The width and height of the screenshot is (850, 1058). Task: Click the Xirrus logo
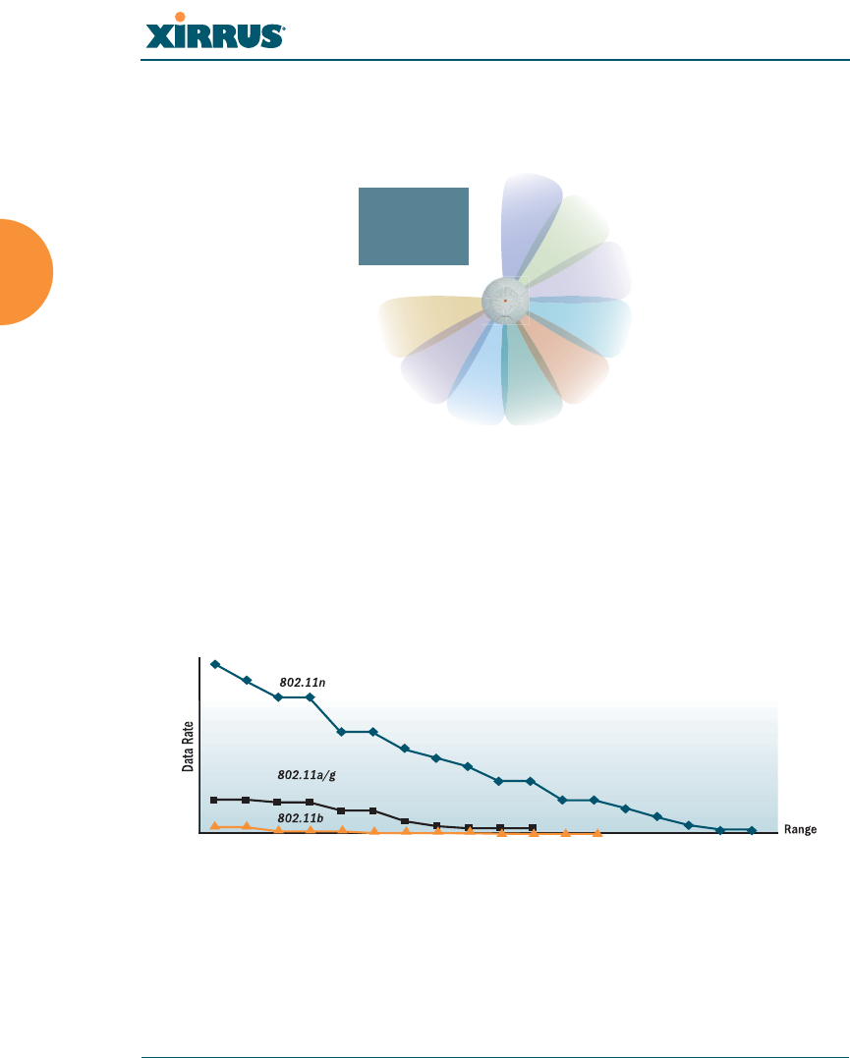click(x=215, y=31)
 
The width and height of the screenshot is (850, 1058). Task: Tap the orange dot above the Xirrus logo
click(x=180, y=17)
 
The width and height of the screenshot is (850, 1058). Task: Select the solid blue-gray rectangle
click(x=413, y=226)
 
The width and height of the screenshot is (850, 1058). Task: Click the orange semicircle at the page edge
click(x=26, y=272)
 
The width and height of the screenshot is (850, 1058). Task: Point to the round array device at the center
click(x=505, y=301)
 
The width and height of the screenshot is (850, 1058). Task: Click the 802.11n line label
click(x=303, y=682)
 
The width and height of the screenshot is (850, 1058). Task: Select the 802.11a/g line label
click(x=307, y=775)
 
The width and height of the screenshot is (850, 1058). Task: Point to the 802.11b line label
click(x=301, y=818)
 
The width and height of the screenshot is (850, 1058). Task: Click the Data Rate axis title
click(x=188, y=747)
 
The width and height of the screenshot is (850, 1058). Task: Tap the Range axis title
click(x=800, y=829)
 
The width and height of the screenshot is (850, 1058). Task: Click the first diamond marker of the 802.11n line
click(x=215, y=665)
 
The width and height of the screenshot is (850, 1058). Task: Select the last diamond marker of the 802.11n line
click(x=752, y=831)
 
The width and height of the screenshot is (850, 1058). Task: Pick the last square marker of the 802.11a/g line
click(x=532, y=827)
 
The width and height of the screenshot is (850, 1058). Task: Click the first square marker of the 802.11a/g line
click(x=214, y=801)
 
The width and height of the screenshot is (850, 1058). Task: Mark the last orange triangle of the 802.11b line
click(x=597, y=834)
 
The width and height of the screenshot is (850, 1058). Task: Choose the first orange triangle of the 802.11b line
click(x=214, y=826)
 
